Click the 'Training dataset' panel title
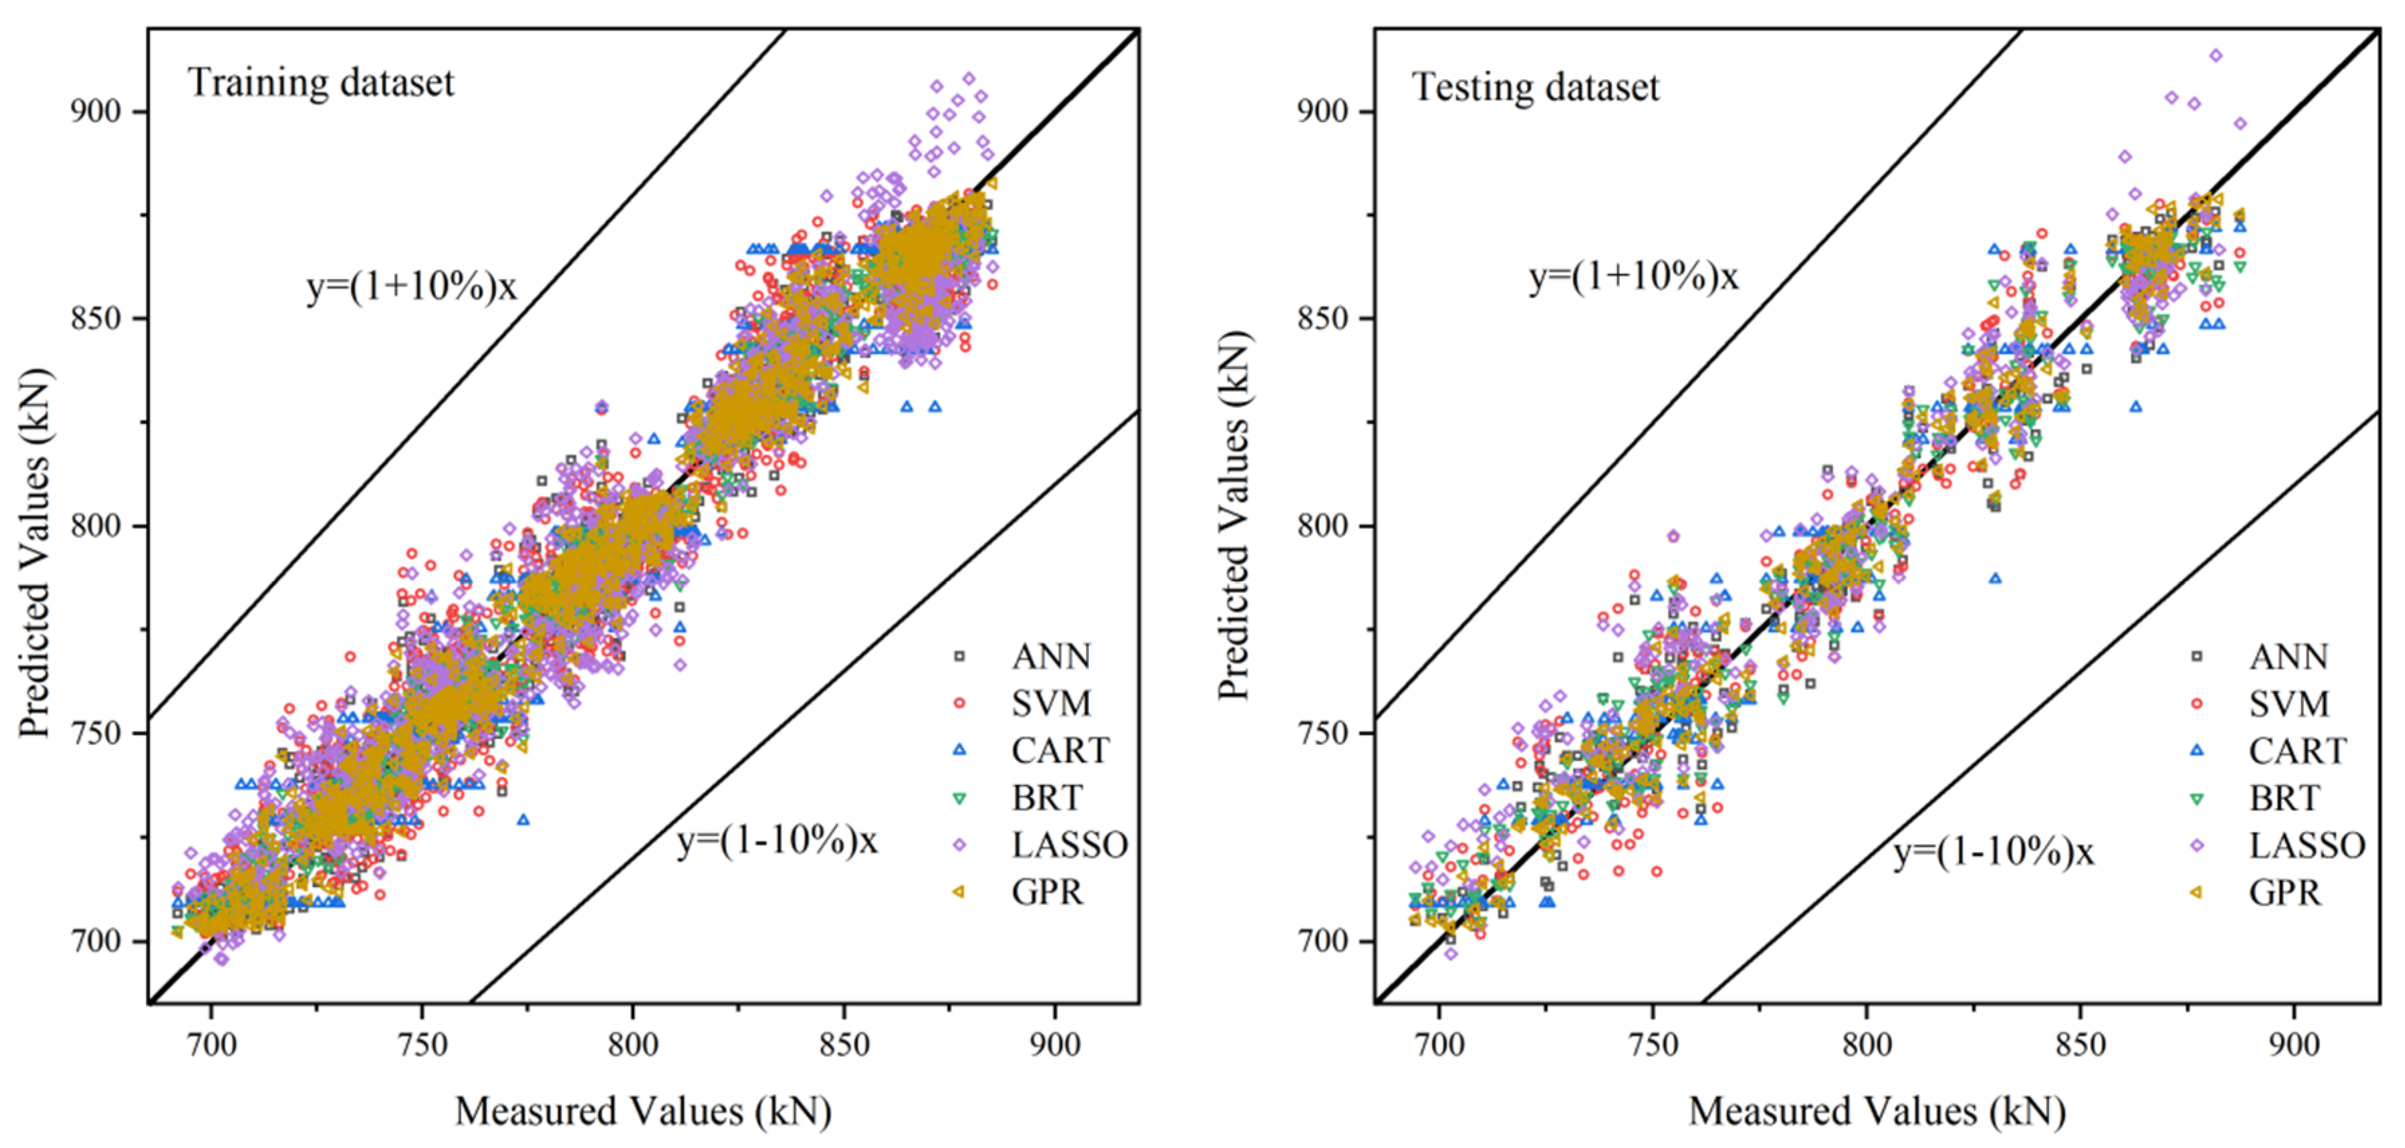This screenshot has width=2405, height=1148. click(x=320, y=83)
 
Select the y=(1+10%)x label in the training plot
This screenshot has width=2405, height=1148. click(x=412, y=286)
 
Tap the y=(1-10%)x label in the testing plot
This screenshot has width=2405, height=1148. click(x=1994, y=852)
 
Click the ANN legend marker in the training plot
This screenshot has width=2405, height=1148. click(x=959, y=657)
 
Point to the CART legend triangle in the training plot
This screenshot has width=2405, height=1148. click(x=959, y=750)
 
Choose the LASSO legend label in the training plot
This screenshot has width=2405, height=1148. click(x=1070, y=845)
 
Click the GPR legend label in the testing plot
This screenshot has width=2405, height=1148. click(x=2284, y=893)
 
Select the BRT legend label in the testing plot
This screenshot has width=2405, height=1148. click(x=2284, y=798)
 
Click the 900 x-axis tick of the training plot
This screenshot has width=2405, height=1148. click(x=1055, y=1043)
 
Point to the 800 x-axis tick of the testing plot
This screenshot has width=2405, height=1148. click(x=1867, y=1043)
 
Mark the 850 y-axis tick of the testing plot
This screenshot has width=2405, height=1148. click(x=1323, y=319)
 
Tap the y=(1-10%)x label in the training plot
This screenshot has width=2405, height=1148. click(x=777, y=841)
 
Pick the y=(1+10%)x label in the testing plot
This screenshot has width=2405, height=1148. click(x=1634, y=277)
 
